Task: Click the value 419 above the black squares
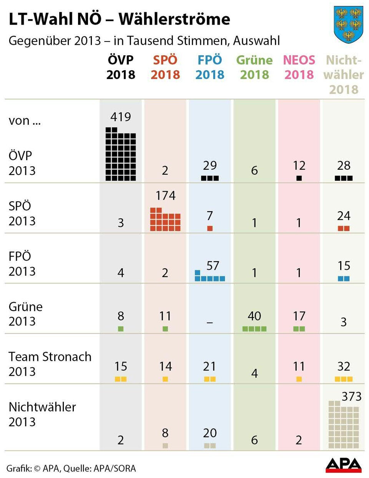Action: (x=120, y=117)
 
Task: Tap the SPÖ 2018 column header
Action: (x=165, y=67)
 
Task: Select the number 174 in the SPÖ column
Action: (x=165, y=196)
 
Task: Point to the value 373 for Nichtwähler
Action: (x=351, y=396)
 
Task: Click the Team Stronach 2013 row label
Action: (x=50, y=364)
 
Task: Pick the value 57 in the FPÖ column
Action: (x=213, y=266)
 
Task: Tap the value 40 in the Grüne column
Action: (x=254, y=316)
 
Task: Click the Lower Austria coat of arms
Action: (x=348, y=25)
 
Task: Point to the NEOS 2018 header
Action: (x=299, y=67)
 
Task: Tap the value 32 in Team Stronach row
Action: (x=343, y=366)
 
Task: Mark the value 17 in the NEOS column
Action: (x=299, y=316)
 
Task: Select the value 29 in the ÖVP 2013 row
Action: (x=209, y=165)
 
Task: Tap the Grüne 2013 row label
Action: (x=25, y=314)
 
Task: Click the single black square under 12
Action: (x=299, y=178)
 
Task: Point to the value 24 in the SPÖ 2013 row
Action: (x=343, y=216)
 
